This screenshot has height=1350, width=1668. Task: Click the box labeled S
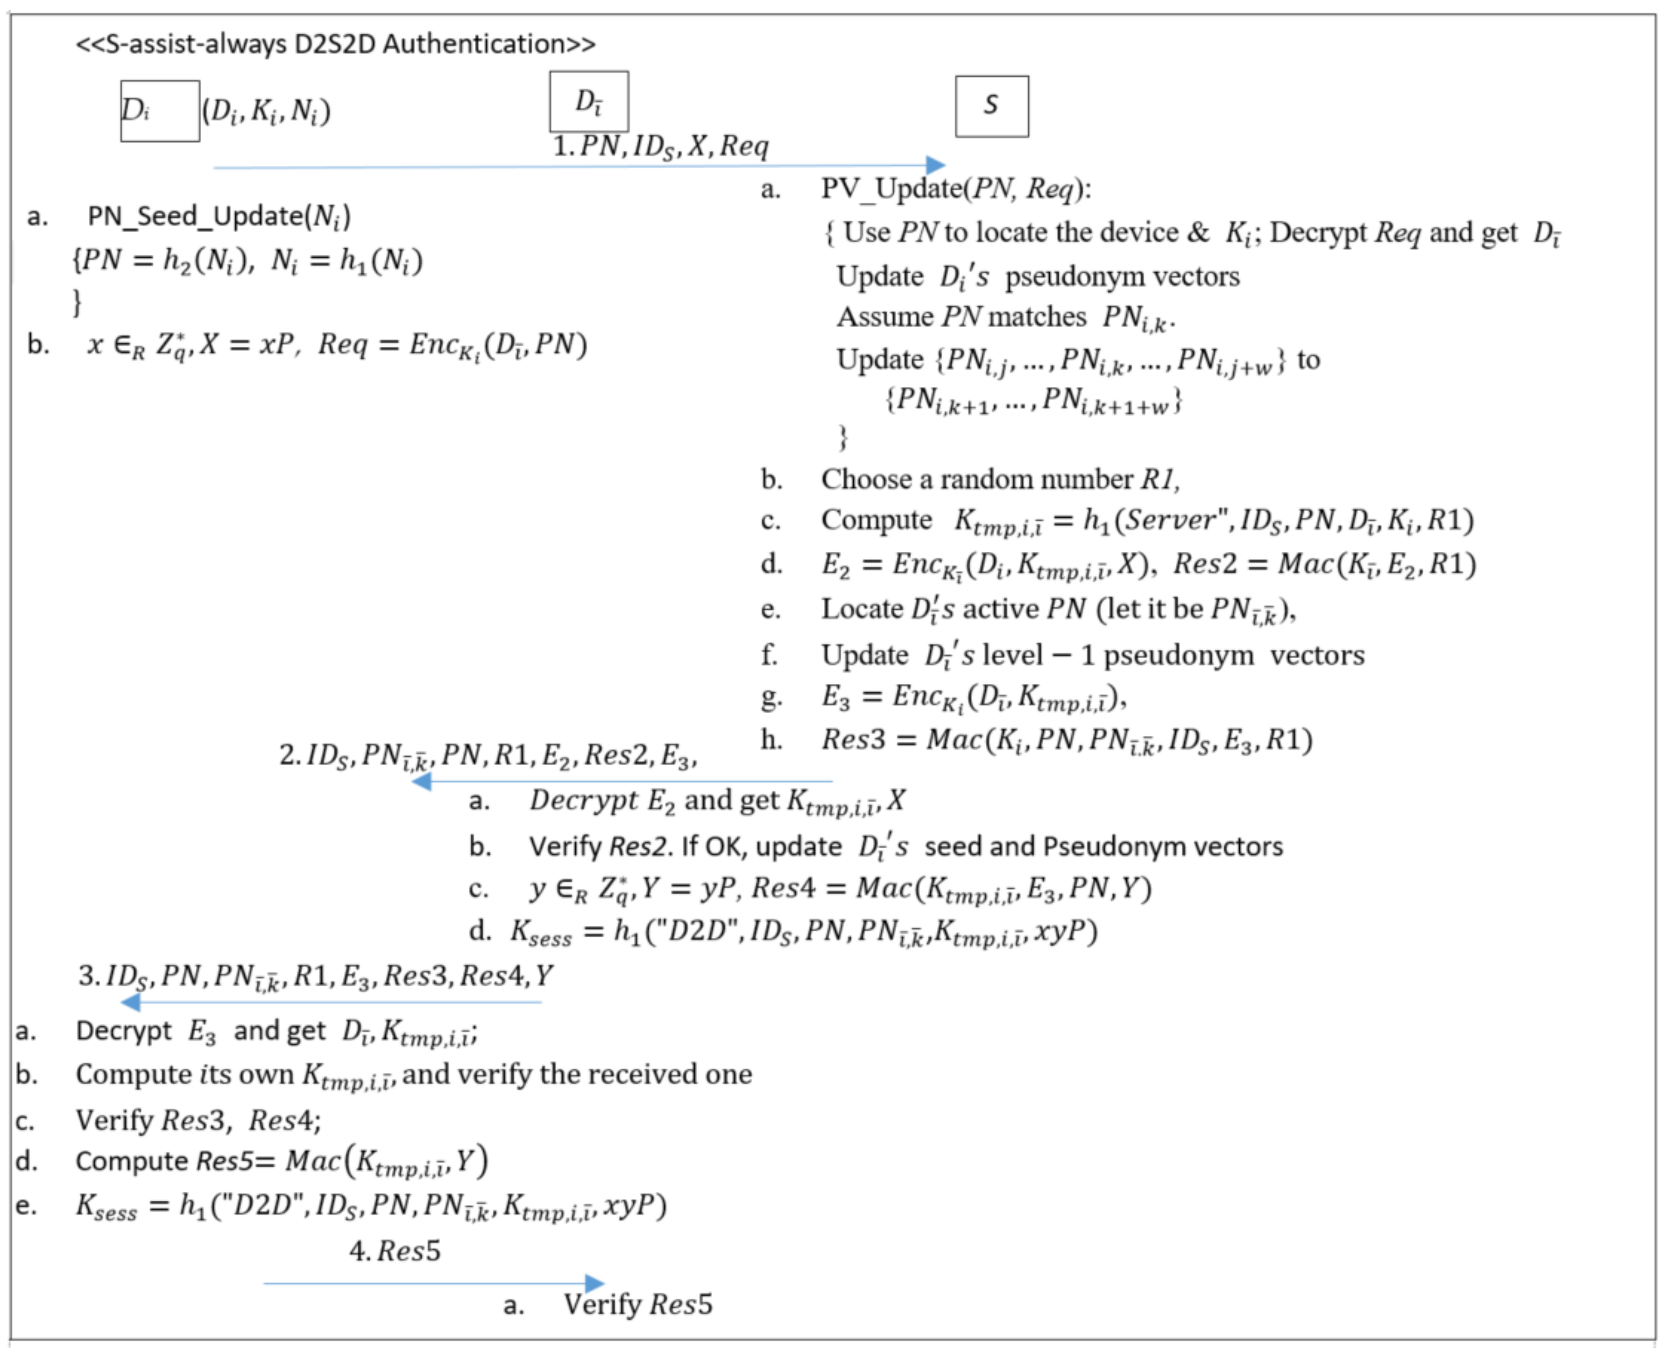coord(991,106)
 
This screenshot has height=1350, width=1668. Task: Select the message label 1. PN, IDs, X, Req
coord(660,146)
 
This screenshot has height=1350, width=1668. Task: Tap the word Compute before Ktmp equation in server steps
coord(876,520)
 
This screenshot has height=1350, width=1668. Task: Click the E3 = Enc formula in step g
coord(973,697)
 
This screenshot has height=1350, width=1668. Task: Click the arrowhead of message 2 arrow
coord(421,781)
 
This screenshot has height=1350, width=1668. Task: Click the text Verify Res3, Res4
coord(198,1121)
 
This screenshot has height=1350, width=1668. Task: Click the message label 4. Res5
coord(395,1251)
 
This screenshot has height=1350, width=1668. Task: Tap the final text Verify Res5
coord(637,1304)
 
